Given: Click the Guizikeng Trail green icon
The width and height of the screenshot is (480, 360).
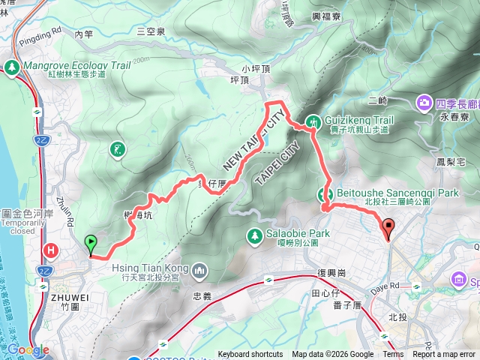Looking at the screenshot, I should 313,121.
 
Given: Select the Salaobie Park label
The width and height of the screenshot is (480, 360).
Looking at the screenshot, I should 298,233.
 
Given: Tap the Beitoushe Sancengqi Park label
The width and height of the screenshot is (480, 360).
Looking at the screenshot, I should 397,193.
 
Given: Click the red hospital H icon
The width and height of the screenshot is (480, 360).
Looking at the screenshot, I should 51,250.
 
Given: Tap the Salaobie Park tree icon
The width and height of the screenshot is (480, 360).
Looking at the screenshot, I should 255,236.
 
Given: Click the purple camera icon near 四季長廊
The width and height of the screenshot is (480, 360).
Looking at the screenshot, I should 424,101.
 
